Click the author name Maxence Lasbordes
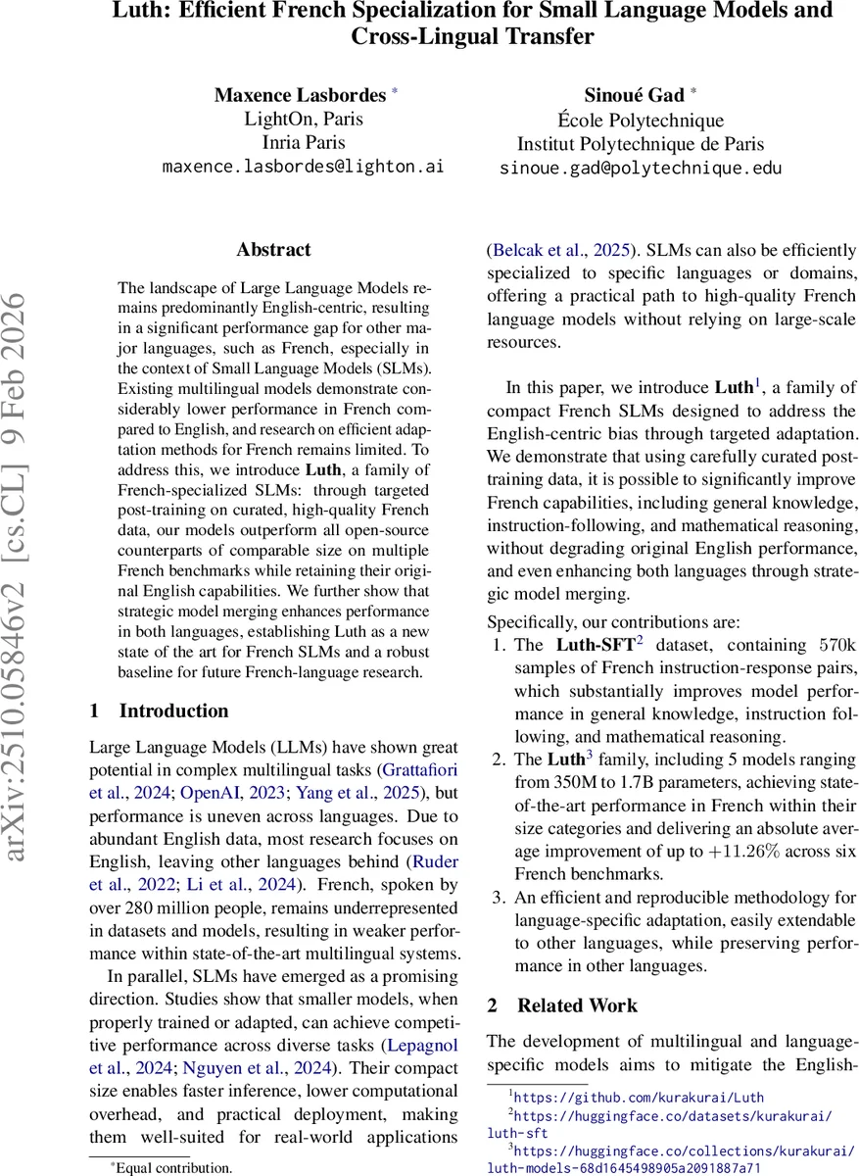pos(301,95)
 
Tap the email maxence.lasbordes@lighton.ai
pos(303,167)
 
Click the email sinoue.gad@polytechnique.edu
pos(641,168)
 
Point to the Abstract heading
pos(273,250)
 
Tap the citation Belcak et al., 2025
pos(560,250)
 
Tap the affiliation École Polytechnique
pos(641,121)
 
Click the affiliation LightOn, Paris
pos(303,119)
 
